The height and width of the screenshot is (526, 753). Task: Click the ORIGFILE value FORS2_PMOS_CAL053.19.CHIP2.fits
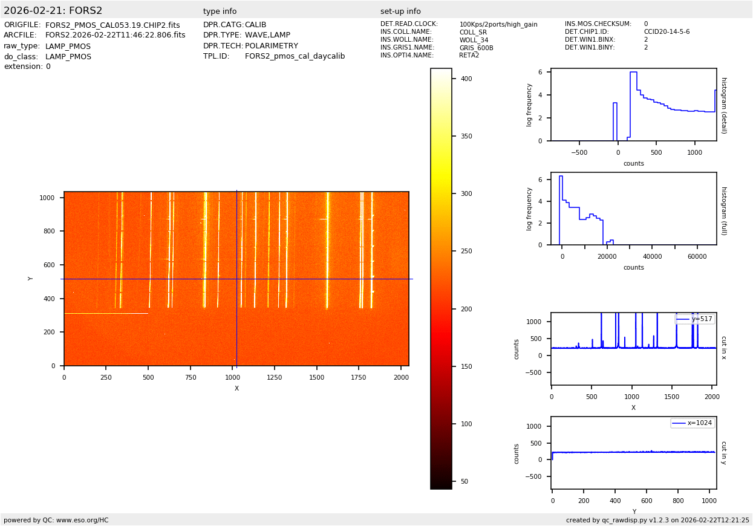112,25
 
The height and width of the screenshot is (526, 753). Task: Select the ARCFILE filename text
115,36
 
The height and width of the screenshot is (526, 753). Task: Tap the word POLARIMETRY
271,46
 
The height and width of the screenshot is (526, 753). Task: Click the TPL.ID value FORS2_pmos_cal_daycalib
295,56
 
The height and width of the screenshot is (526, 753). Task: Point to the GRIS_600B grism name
476,48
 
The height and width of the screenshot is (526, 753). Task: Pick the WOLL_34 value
473,40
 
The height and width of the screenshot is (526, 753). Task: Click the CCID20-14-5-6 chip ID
667,32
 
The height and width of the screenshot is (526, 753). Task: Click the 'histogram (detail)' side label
723,105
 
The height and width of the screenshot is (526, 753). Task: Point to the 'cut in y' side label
723,452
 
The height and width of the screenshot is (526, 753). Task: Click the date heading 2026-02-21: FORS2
53,11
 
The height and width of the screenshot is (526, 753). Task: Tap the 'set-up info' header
400,11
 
